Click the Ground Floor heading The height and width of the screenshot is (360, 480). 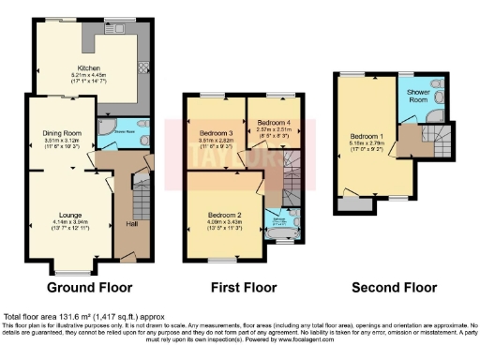pos(89,287)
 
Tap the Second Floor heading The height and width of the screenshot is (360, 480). pos(394,287)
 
